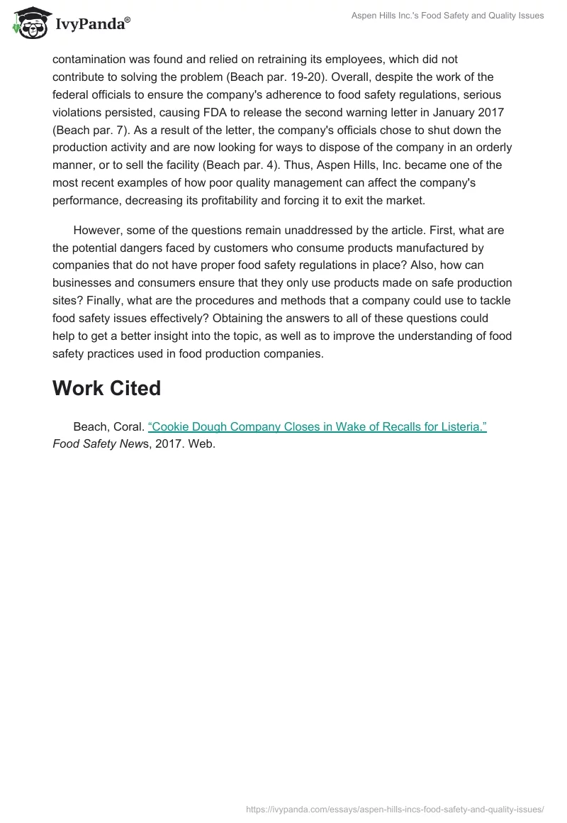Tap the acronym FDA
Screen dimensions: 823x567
click(267, 112)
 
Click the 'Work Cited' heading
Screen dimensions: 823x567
click(106, 388)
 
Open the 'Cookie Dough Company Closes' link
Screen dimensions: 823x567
click(317, 427)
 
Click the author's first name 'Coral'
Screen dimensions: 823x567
click(128, 427)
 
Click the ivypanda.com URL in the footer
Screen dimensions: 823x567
click(395, 808)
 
